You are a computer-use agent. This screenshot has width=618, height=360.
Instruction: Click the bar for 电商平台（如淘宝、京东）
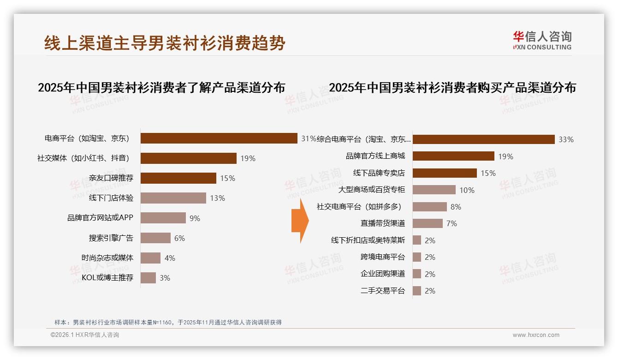pyautogui.click(x=219, y=138)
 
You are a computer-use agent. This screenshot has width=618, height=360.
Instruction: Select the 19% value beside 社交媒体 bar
pyautogui.click(x=248, y=158)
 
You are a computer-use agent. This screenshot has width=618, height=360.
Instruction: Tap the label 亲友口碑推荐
pyautogui.click(x=111, y=178)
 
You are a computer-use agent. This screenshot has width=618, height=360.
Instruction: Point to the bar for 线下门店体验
pyautogui.click(x=173, y=198)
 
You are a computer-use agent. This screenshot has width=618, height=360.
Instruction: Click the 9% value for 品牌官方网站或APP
pyautogui.click(x=195, y=218)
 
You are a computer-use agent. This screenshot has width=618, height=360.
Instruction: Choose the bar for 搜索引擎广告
pyautogui.click(x=155, y=238)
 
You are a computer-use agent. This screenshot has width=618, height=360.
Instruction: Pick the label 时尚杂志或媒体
pyautogui.click(x=107, y=258)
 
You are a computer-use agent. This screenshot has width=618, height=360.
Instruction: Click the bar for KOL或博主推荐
pyautogui.click(x=148, y=278)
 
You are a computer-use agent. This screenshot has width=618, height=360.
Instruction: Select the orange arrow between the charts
pyautogui.click(x=300, y=221)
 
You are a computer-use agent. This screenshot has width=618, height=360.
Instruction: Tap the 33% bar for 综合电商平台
pyautogui.click(x=483, y=139)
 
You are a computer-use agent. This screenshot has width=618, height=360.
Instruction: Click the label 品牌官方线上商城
pyautogui.click(x=375, y=156)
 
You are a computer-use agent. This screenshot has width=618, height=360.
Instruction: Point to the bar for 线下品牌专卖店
pyautogui.click(x=445, y=173)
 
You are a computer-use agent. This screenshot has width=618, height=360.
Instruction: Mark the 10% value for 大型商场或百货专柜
pyautogui.click(x=467, y=190)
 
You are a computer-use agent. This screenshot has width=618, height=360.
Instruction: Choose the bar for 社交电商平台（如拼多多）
pyautogui.click(x=429, y=207)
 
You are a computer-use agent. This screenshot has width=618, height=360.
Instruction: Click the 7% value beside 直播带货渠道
pyautogui.click(x=452, y=223)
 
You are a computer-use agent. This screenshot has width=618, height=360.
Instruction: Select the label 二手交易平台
pyautogui.click(x=383, y=291)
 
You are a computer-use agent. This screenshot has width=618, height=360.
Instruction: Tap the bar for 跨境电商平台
pyautogui.click(x=417, y=257)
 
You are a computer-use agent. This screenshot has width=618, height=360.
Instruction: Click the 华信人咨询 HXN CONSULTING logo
pyautogui.click(x=542, y=40)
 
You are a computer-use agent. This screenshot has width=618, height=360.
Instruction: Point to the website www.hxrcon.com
pyautogui.click(x=536, y=335)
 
